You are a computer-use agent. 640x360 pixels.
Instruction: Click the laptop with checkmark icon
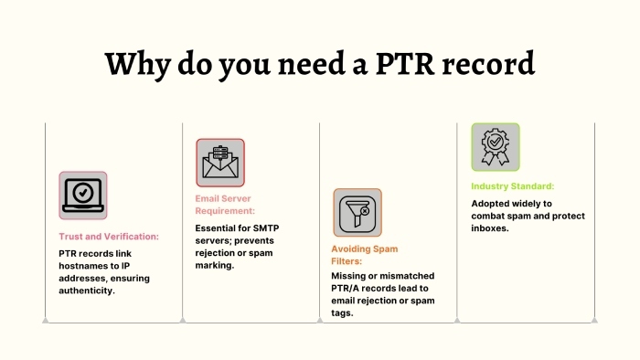[83, 195]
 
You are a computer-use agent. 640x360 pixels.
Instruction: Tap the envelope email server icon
[220, 163]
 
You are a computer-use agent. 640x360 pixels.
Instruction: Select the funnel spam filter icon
[357, 213]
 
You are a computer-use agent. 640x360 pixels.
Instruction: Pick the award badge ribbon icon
[496, 147]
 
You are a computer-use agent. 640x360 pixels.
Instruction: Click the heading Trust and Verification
[109, 236]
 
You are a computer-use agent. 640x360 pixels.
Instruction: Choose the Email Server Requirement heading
[223, 204]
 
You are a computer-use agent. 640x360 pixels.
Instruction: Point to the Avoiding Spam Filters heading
[364, 254]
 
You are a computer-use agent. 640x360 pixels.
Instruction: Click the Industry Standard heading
[513, 186]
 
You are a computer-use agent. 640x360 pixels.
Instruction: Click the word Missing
[351, 275]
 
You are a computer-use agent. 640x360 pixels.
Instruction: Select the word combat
[492, 216]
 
